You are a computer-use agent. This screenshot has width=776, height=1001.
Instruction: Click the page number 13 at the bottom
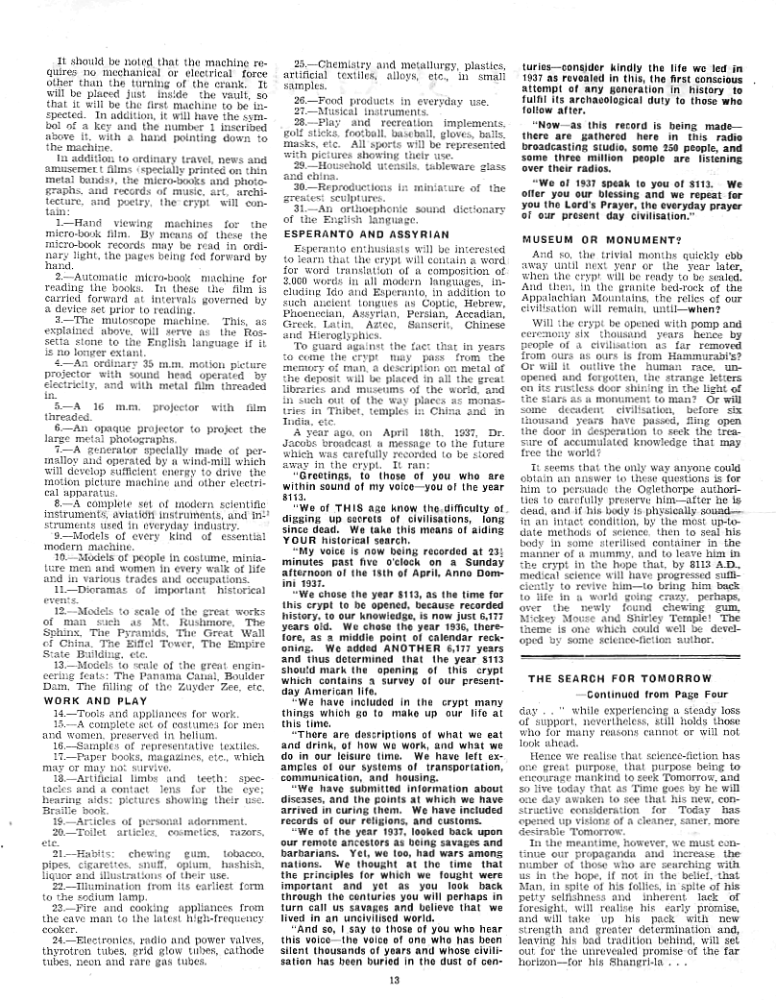393,980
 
